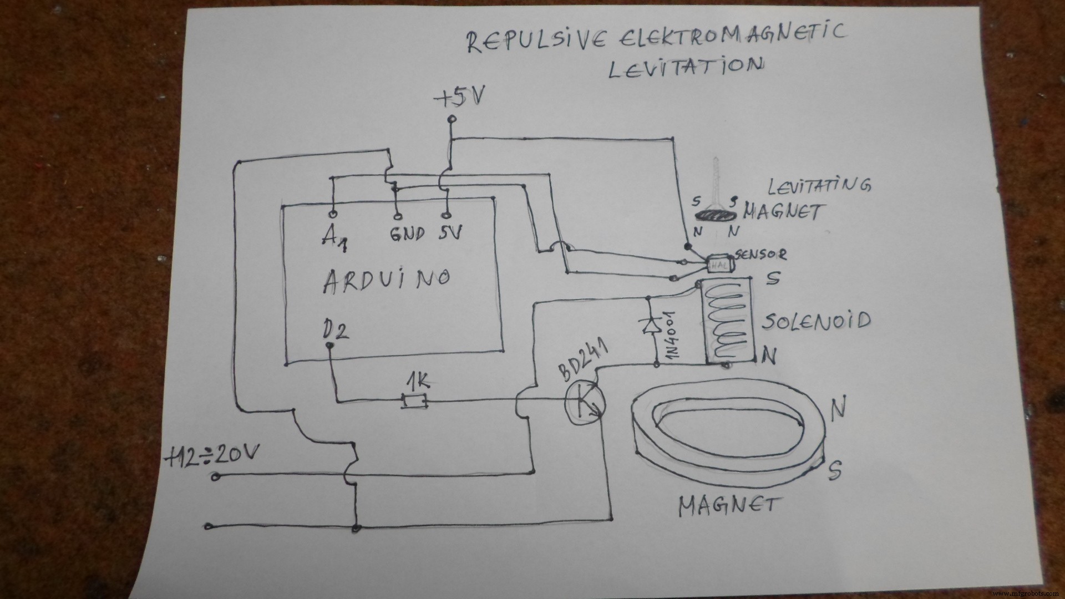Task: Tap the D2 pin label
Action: coord(335,331)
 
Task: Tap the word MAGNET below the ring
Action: coord(729,506)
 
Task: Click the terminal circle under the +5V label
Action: coord(452,119)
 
